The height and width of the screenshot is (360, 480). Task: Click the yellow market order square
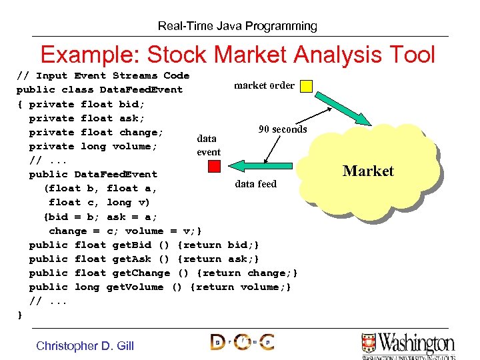point(306,85)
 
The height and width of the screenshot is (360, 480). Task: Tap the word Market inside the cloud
point(368,171)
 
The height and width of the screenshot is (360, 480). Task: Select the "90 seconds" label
point(283,129)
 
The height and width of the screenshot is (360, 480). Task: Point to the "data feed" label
point(255,184)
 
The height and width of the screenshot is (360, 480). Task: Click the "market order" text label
point(264,85)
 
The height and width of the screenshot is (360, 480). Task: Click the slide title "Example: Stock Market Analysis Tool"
point(238,54)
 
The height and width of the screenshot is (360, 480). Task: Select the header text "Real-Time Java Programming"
point(237,26)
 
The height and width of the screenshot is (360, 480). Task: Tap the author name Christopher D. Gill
point(85,345)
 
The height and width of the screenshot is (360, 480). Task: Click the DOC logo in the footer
point(241,343)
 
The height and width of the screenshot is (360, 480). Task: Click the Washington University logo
point(408,345)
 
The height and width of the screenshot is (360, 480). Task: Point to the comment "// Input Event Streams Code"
point(103,75)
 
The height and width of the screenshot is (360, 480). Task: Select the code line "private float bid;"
point(87,104)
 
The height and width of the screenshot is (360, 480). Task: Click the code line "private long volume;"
point(93,146)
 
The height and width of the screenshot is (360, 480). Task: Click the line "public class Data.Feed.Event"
point(99,89)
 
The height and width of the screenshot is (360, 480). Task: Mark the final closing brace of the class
point(20,314)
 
